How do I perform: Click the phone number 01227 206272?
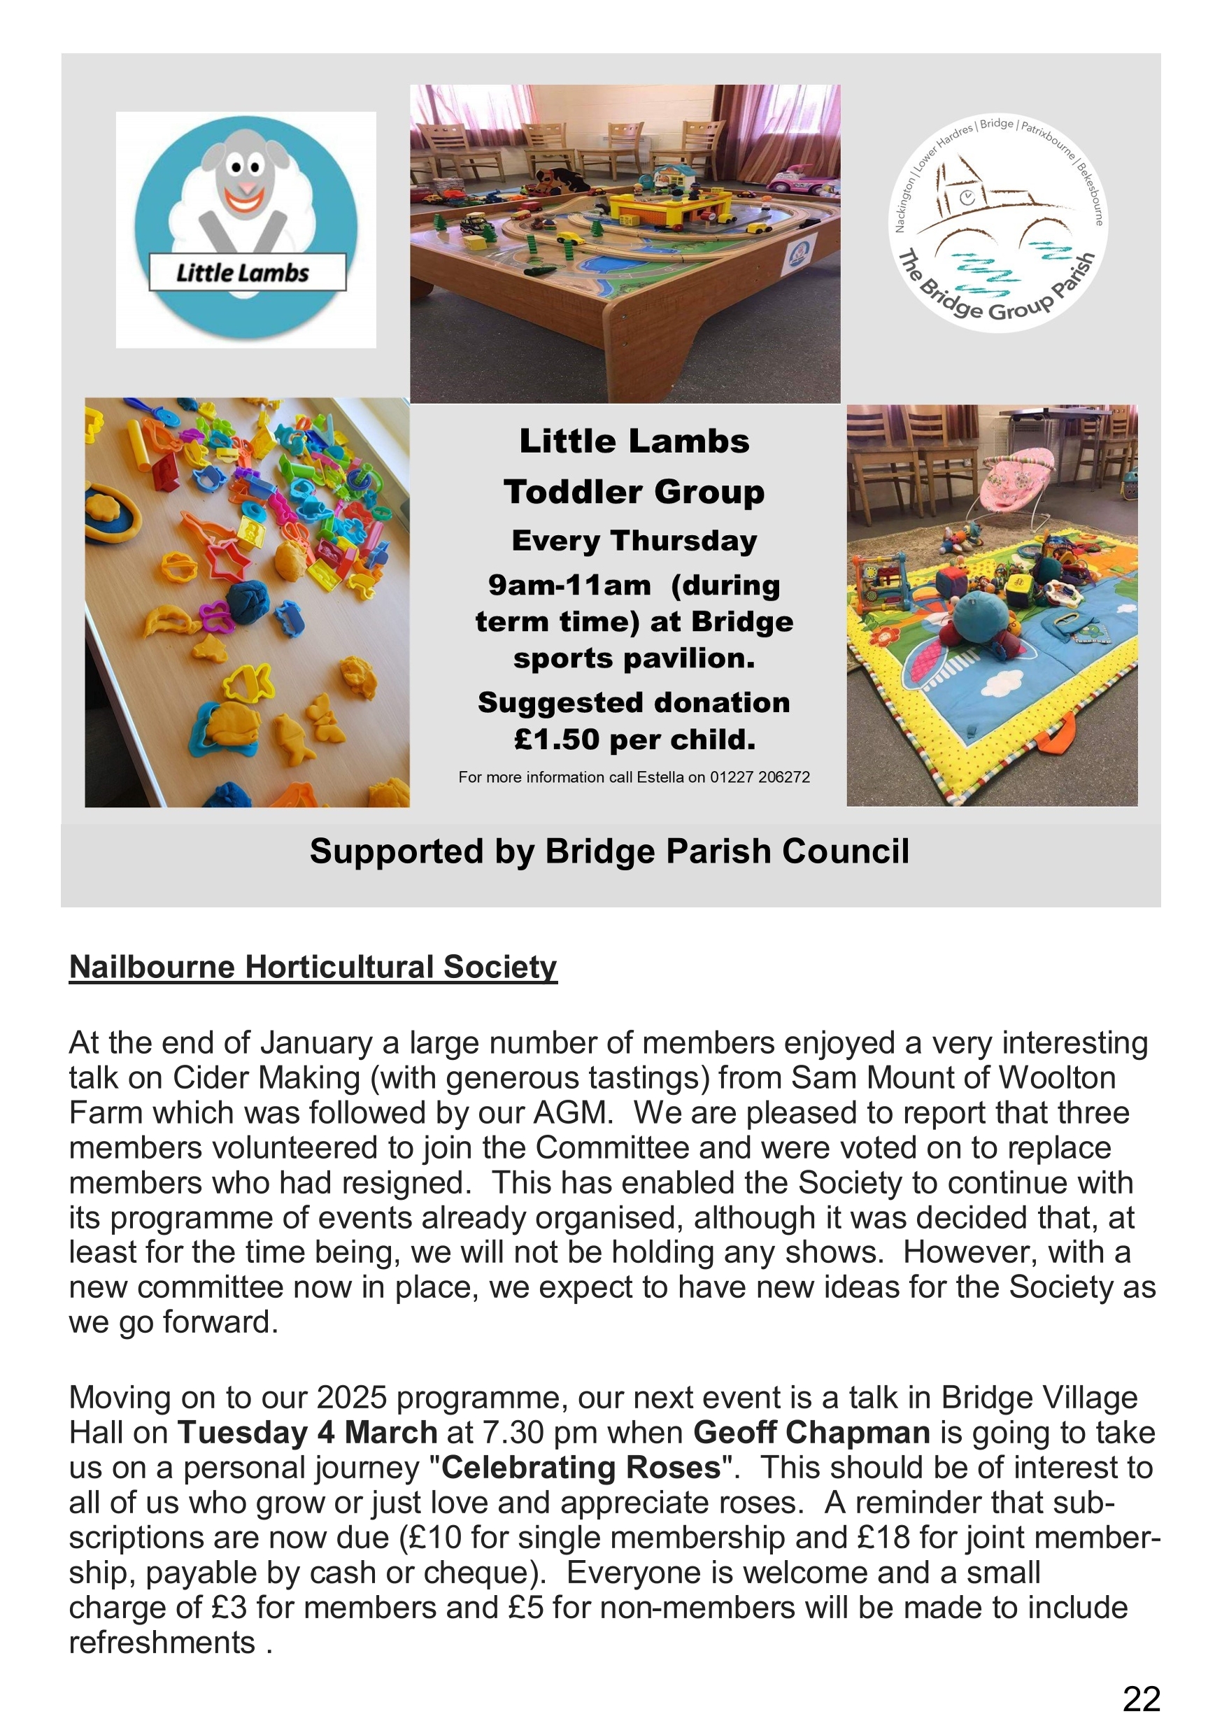pyautogui.click(x=760, y=777)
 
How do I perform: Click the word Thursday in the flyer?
pyautogui.click(x=683, y=541)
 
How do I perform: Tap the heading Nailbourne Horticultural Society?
pyautogui.click(x=313, y=968)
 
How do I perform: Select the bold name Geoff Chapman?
pyautogui.click(x=811, y=1433)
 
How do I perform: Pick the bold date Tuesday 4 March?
pyautogui.click(x=308, y=1433)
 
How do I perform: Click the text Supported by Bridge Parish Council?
pyautogui.click(x=609, y=851)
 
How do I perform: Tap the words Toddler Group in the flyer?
pyautogui.click(x=634, y=492)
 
